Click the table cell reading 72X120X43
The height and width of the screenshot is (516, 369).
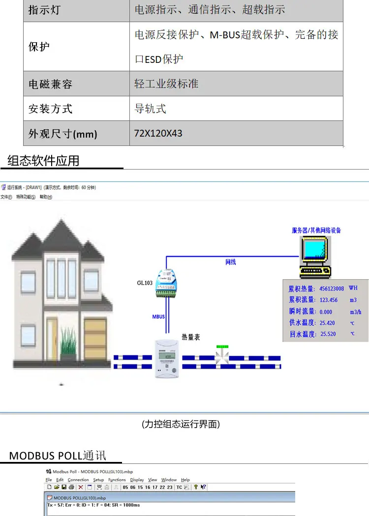158,133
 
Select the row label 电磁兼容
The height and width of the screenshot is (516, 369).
50,84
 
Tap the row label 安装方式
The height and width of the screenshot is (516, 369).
50,109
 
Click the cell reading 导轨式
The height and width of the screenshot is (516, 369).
150,109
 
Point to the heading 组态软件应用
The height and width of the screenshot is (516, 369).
43,161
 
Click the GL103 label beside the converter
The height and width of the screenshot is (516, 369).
145,283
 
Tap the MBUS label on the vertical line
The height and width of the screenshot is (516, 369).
158,317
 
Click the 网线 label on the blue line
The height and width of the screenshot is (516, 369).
230,262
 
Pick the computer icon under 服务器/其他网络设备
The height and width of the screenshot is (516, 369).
314,256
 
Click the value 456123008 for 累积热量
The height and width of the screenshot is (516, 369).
332,288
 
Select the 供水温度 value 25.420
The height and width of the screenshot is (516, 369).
327,323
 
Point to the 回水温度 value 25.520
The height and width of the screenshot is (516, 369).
328,334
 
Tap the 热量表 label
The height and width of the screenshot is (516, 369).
191,337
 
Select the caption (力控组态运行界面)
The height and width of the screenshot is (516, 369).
181,424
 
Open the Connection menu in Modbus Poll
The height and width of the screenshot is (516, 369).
78,480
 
